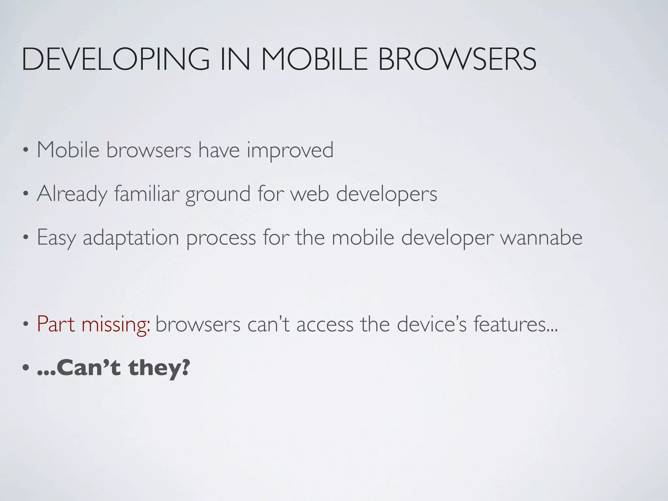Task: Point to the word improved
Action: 290,151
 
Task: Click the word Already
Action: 72,194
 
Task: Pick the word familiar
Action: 147,194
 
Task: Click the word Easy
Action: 56,238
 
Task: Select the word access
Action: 325,325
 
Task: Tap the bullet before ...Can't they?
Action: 26,368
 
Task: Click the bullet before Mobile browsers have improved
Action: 26,151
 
